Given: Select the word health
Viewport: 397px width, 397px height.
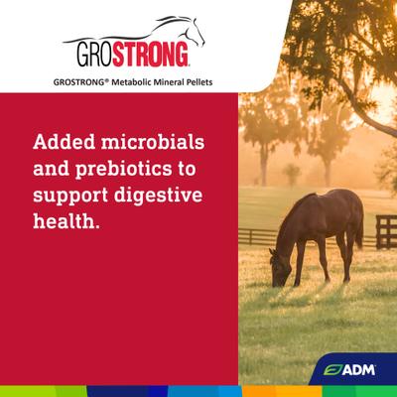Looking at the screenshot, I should click(x=67, y=219).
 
